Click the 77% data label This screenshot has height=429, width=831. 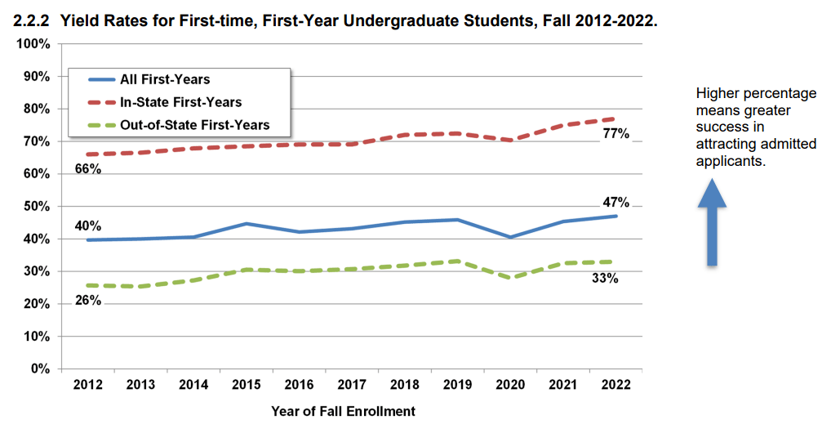(x=615, y=134)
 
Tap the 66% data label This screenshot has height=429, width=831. (x=87, y=169)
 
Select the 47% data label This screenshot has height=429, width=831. (x=615, y=203)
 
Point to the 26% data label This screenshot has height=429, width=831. (x=87, y=300)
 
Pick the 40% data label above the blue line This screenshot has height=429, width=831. (x=87, y=226)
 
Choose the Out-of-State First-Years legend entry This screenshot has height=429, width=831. (x=194, y=125)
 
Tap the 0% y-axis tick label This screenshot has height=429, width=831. (x=41, y=369)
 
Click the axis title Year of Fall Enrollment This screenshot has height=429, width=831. (x=343, y=411)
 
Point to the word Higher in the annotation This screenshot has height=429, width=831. (x=715, y=94)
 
